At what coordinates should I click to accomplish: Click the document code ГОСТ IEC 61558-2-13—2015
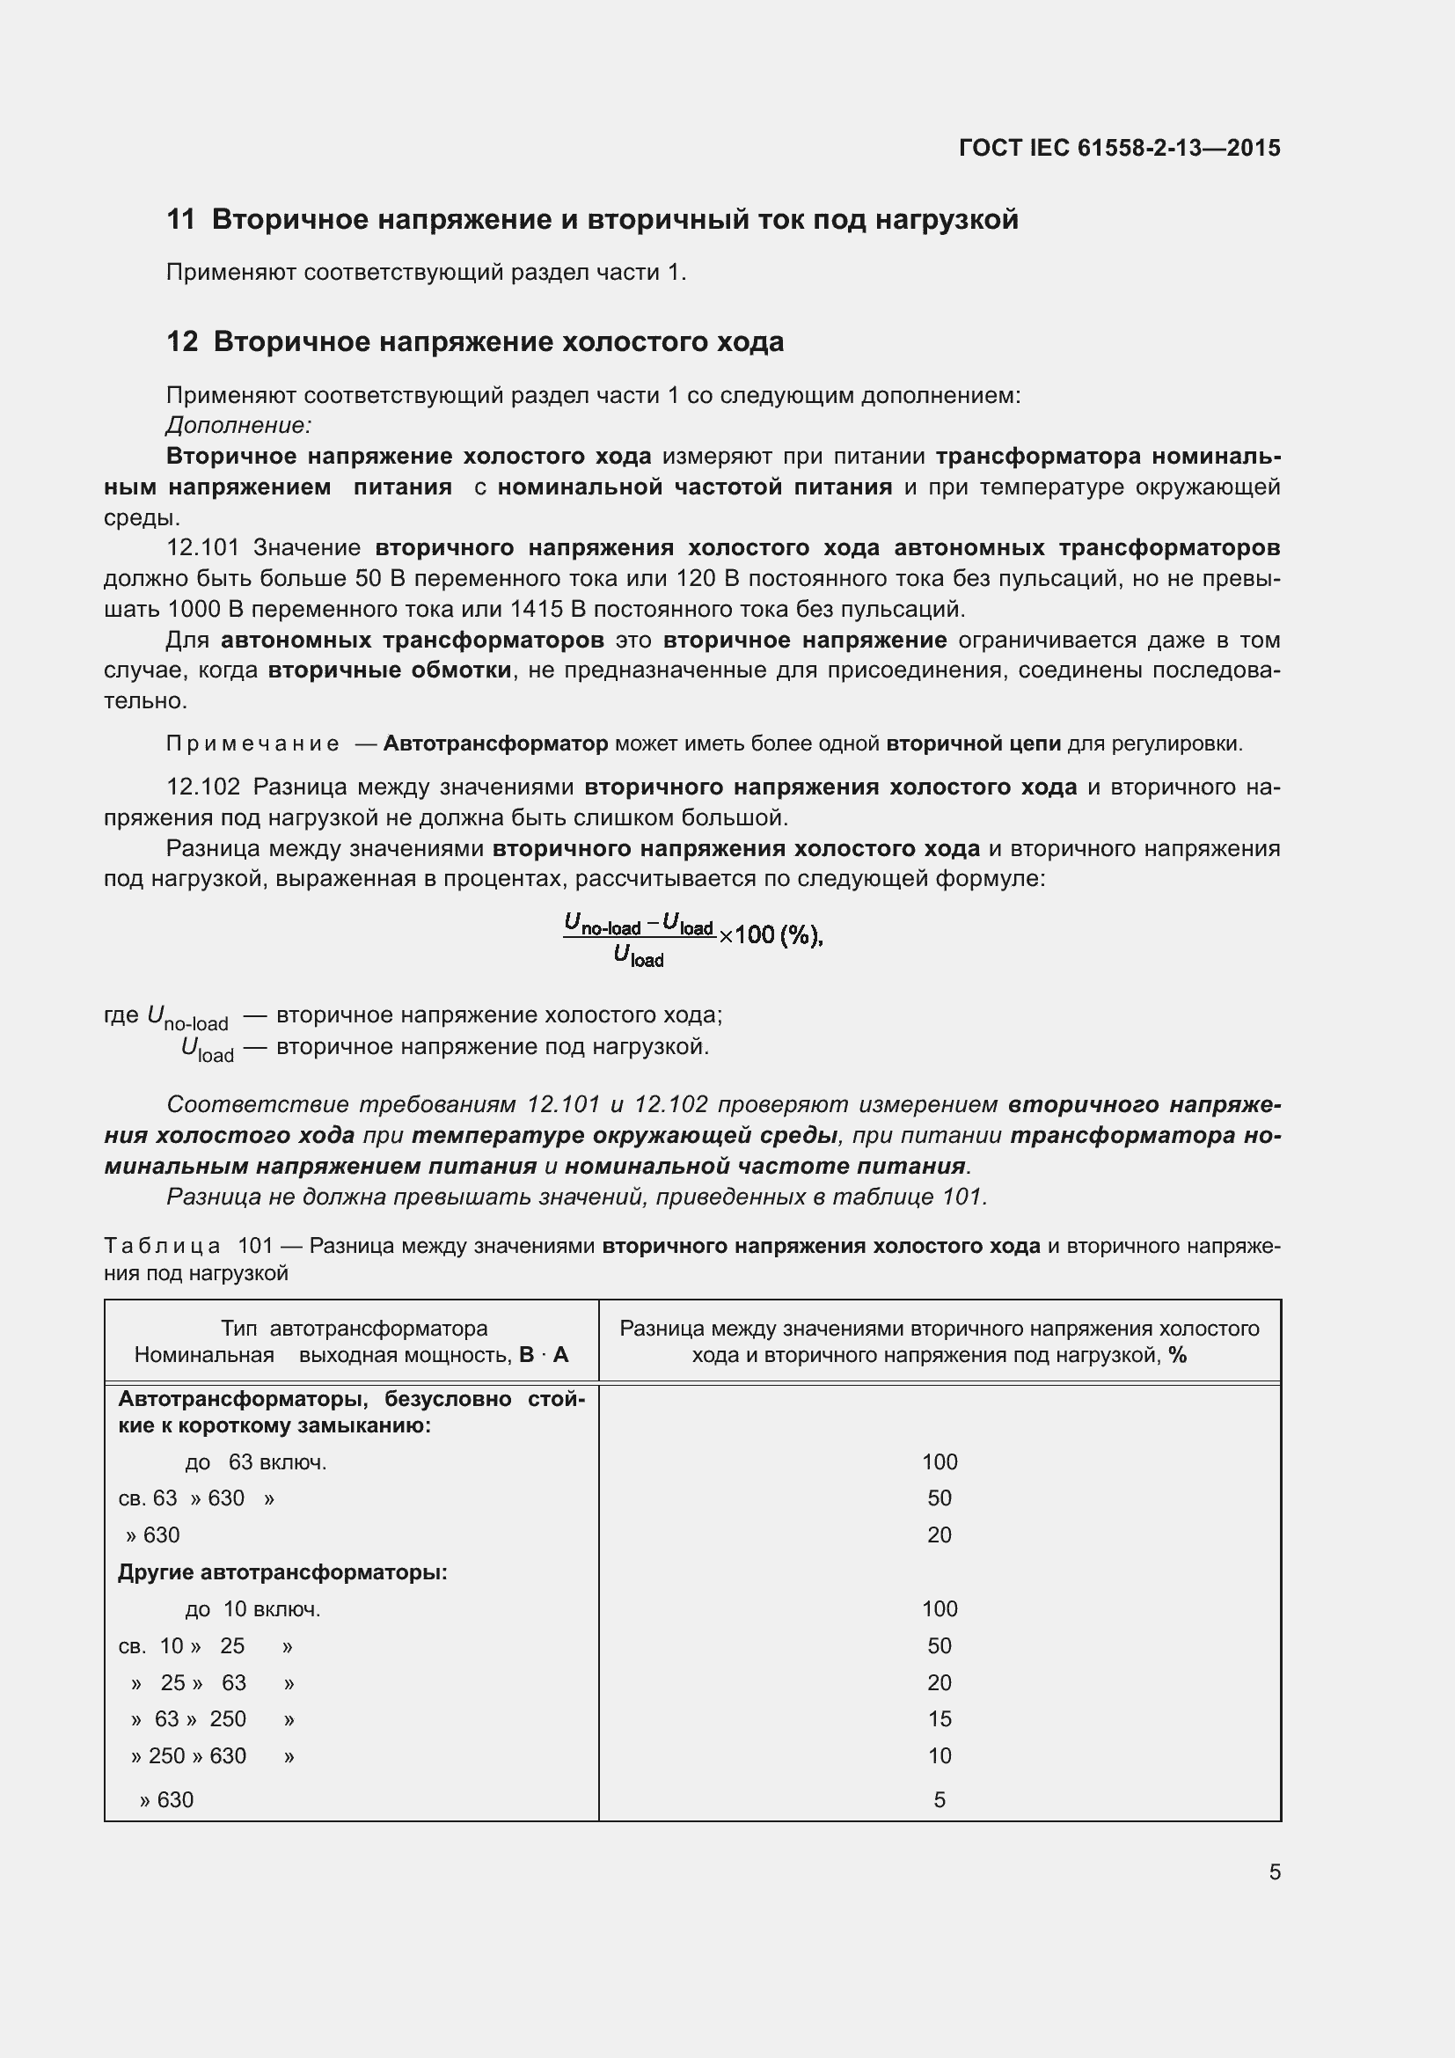click(x=1119, y=148)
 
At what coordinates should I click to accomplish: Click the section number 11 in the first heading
click(x=180, y=220)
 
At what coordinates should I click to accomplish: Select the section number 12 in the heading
click(x=182, y=342)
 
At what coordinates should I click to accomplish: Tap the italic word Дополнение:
click(x=238, y=425)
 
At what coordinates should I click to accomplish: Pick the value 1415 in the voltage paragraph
click(x=536, y=610)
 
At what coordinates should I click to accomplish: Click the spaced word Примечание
click(x=252, y=744)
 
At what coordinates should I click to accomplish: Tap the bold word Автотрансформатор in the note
click(x=495, y=744)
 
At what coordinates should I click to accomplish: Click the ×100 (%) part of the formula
click(x=770, y=935)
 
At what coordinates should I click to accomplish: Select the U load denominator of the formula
click(x=638, y=957)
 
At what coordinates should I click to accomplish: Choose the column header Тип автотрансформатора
click(x=354, y=1329)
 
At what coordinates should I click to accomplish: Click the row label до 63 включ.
click(x=255, y=1463)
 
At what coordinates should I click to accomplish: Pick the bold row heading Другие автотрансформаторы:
click(x=282, y=1572)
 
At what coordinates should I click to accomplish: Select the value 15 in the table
click(x=939, y=1718)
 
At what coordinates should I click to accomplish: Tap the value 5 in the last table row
click(x=939, y=1800)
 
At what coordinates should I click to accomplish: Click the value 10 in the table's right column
click(x=939, y=1756)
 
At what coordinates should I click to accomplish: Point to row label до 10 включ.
click(x=252, y=1609)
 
